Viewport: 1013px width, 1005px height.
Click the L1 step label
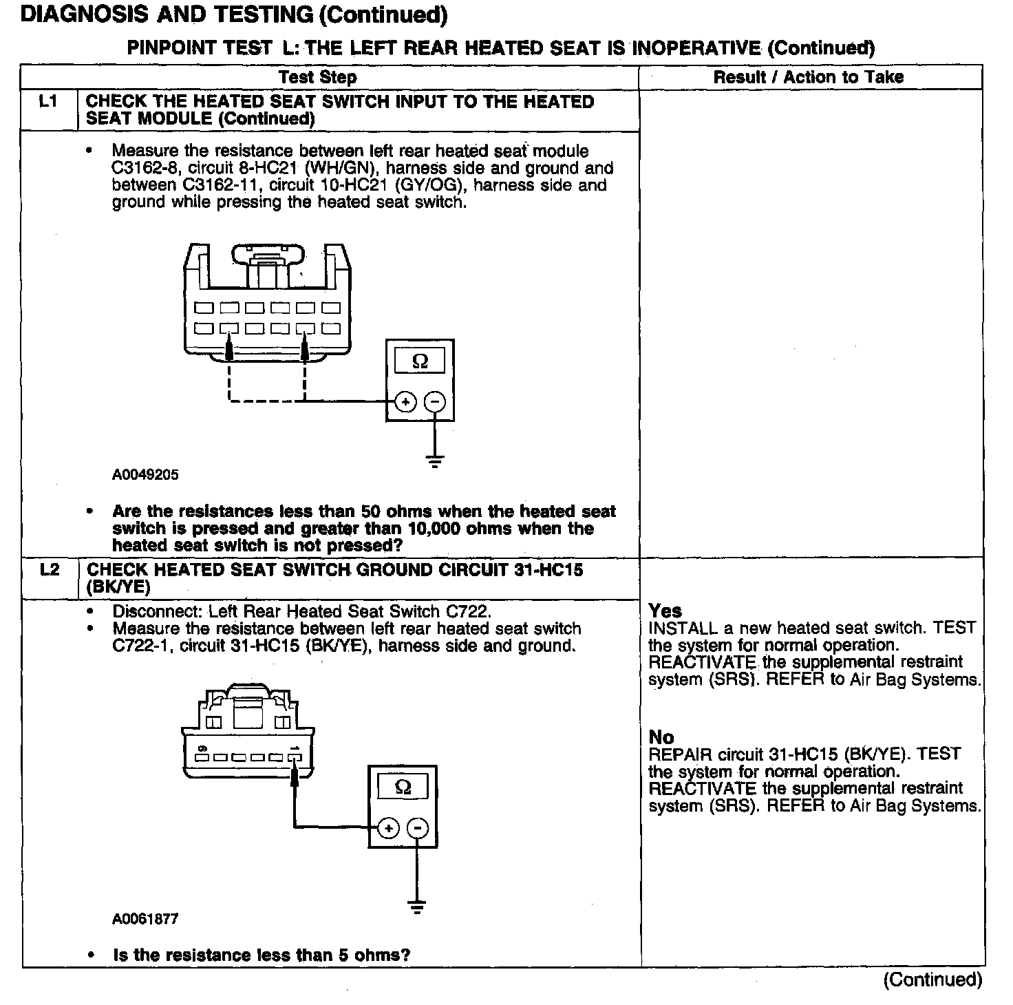[x=48, y=102]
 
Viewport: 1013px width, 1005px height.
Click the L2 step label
[x=50, y=570]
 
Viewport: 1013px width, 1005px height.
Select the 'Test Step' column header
[x=318, y=77]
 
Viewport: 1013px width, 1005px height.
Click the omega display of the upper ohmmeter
[x=420, y=361]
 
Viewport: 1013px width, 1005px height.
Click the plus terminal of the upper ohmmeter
[x=405, y=401]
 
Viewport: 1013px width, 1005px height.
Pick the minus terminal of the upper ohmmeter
[x=434, y=401]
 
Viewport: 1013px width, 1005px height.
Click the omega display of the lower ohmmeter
[x=403, y=787]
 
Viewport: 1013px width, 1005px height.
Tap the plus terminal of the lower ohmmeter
[x=389, y=828]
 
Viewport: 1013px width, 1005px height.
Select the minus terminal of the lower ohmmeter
[x=417, y=828]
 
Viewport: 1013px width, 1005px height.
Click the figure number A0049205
[x=145, y=475]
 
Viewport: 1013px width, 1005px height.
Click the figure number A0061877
[x=145, y=919]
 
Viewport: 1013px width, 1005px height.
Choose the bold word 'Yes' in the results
[x=665, y=611]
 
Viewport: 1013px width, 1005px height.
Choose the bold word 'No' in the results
[x=661, y=737]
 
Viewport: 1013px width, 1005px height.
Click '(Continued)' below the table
[x=932, y=980]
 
